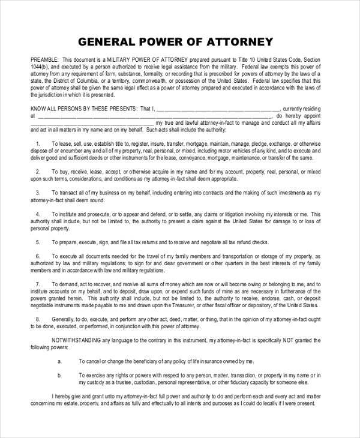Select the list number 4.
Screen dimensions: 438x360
pyautogui.click(x=38, y=213)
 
